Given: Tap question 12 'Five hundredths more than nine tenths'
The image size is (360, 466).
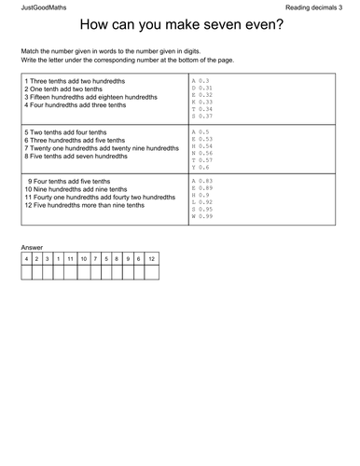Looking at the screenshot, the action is point(84,205).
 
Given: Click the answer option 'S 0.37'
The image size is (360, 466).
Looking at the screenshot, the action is point(202,116).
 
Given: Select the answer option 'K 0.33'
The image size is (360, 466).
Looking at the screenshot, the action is point(202,103).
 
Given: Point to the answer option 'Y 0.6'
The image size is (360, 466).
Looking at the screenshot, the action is point(201,167).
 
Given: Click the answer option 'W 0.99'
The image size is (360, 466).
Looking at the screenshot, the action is point(202,216).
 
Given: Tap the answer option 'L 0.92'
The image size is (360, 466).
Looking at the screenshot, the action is point(202,201).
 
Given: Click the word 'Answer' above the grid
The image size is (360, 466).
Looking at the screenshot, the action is point(32,248).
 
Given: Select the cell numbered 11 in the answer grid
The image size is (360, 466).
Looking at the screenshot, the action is point(71,258).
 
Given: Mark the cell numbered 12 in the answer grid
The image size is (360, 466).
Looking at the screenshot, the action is point(151,258).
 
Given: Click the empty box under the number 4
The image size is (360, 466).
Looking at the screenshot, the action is point(26,273).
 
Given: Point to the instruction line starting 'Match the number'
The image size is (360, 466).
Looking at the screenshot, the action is point(112,49).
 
